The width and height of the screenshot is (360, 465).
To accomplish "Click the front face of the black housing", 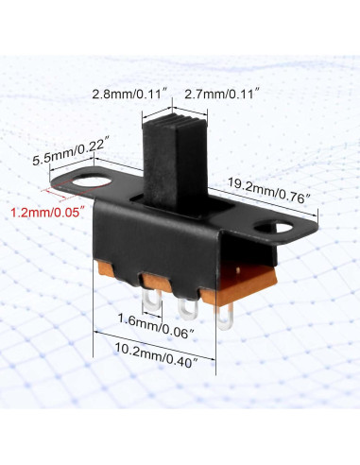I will [161, 241].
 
